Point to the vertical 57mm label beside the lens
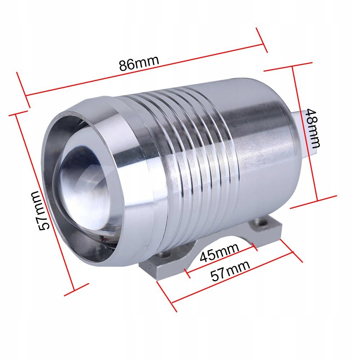click(x=40, y=211)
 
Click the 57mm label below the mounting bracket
click(x=230, y=271)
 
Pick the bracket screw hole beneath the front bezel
click(x=166, y=254)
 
